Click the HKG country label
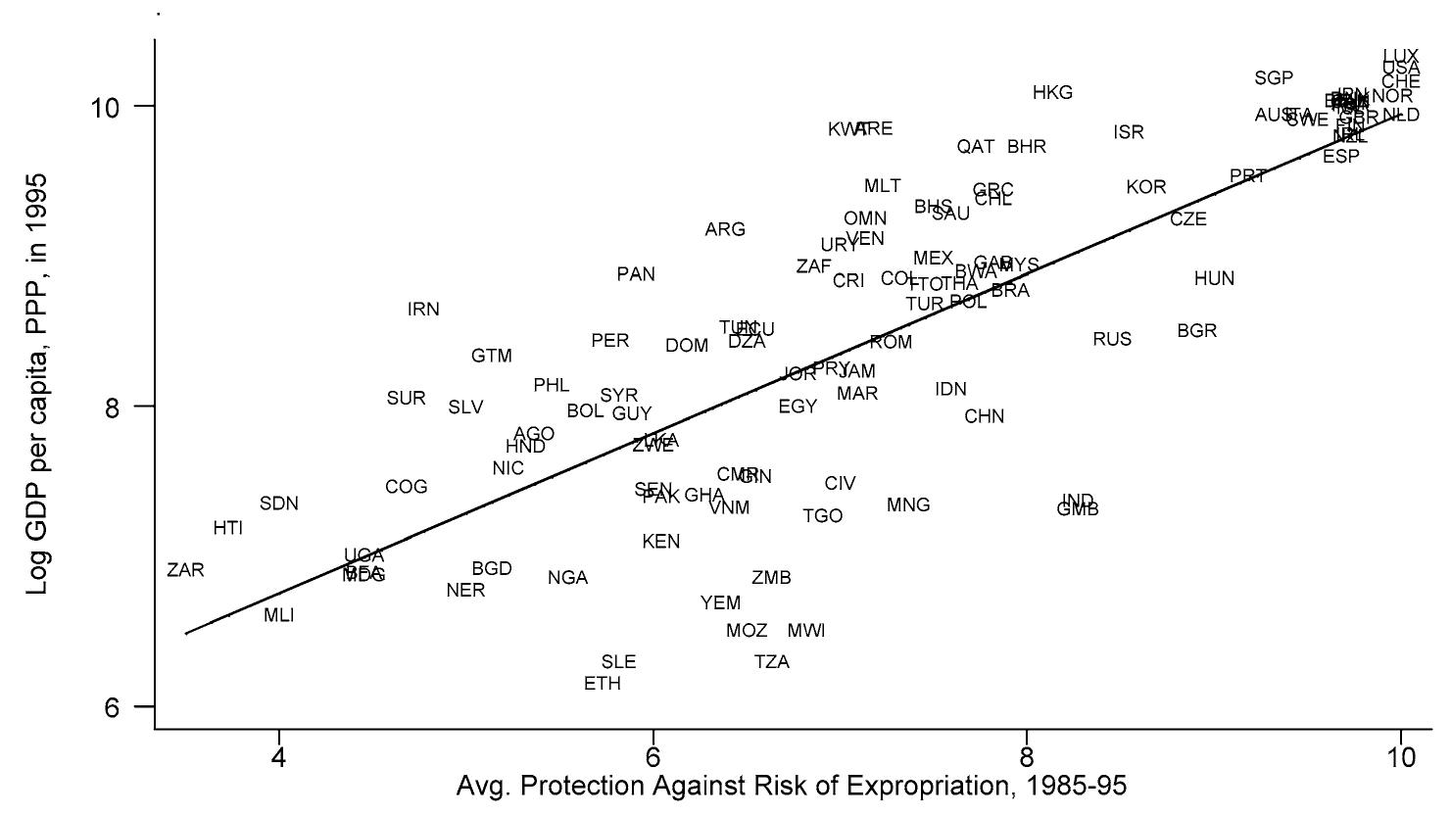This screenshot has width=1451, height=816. click(1052, 93)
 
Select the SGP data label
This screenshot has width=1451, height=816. click(1274, 78)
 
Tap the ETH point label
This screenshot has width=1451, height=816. click(602, 684)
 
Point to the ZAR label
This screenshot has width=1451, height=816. click(185, 570)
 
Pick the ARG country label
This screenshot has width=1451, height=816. click(725, 230)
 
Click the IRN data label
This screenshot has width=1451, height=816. click(423, 310)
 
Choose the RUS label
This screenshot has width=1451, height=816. click(1112, 340)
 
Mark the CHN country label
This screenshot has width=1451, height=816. click(984, 417)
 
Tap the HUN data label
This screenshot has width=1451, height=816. click(1214, 279)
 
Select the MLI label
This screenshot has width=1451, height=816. click(278, 616)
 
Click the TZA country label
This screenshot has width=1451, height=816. click(772, 662)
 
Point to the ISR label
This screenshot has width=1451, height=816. click(1129, 132)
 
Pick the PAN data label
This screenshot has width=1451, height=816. click(636, 275)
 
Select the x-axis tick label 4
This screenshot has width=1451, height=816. click(279, 757)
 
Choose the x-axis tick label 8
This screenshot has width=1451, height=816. click(1027, 757)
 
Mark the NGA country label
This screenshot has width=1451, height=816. click(567, 579)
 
